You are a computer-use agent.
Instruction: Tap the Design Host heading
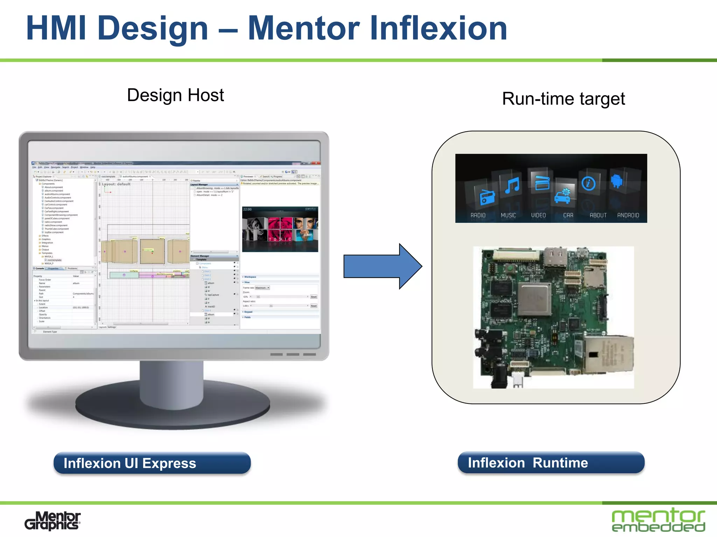(175, 95)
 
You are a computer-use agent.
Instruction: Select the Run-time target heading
(563, 99)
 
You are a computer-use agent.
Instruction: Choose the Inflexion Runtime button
(551, 463)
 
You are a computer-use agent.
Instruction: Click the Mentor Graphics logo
(53, 521)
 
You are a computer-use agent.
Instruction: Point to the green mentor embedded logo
(658, 520)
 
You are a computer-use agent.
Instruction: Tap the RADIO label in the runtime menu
(478, 215)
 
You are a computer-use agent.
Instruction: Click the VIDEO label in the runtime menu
(538, 215)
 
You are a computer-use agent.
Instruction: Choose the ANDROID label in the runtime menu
(628, 215)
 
